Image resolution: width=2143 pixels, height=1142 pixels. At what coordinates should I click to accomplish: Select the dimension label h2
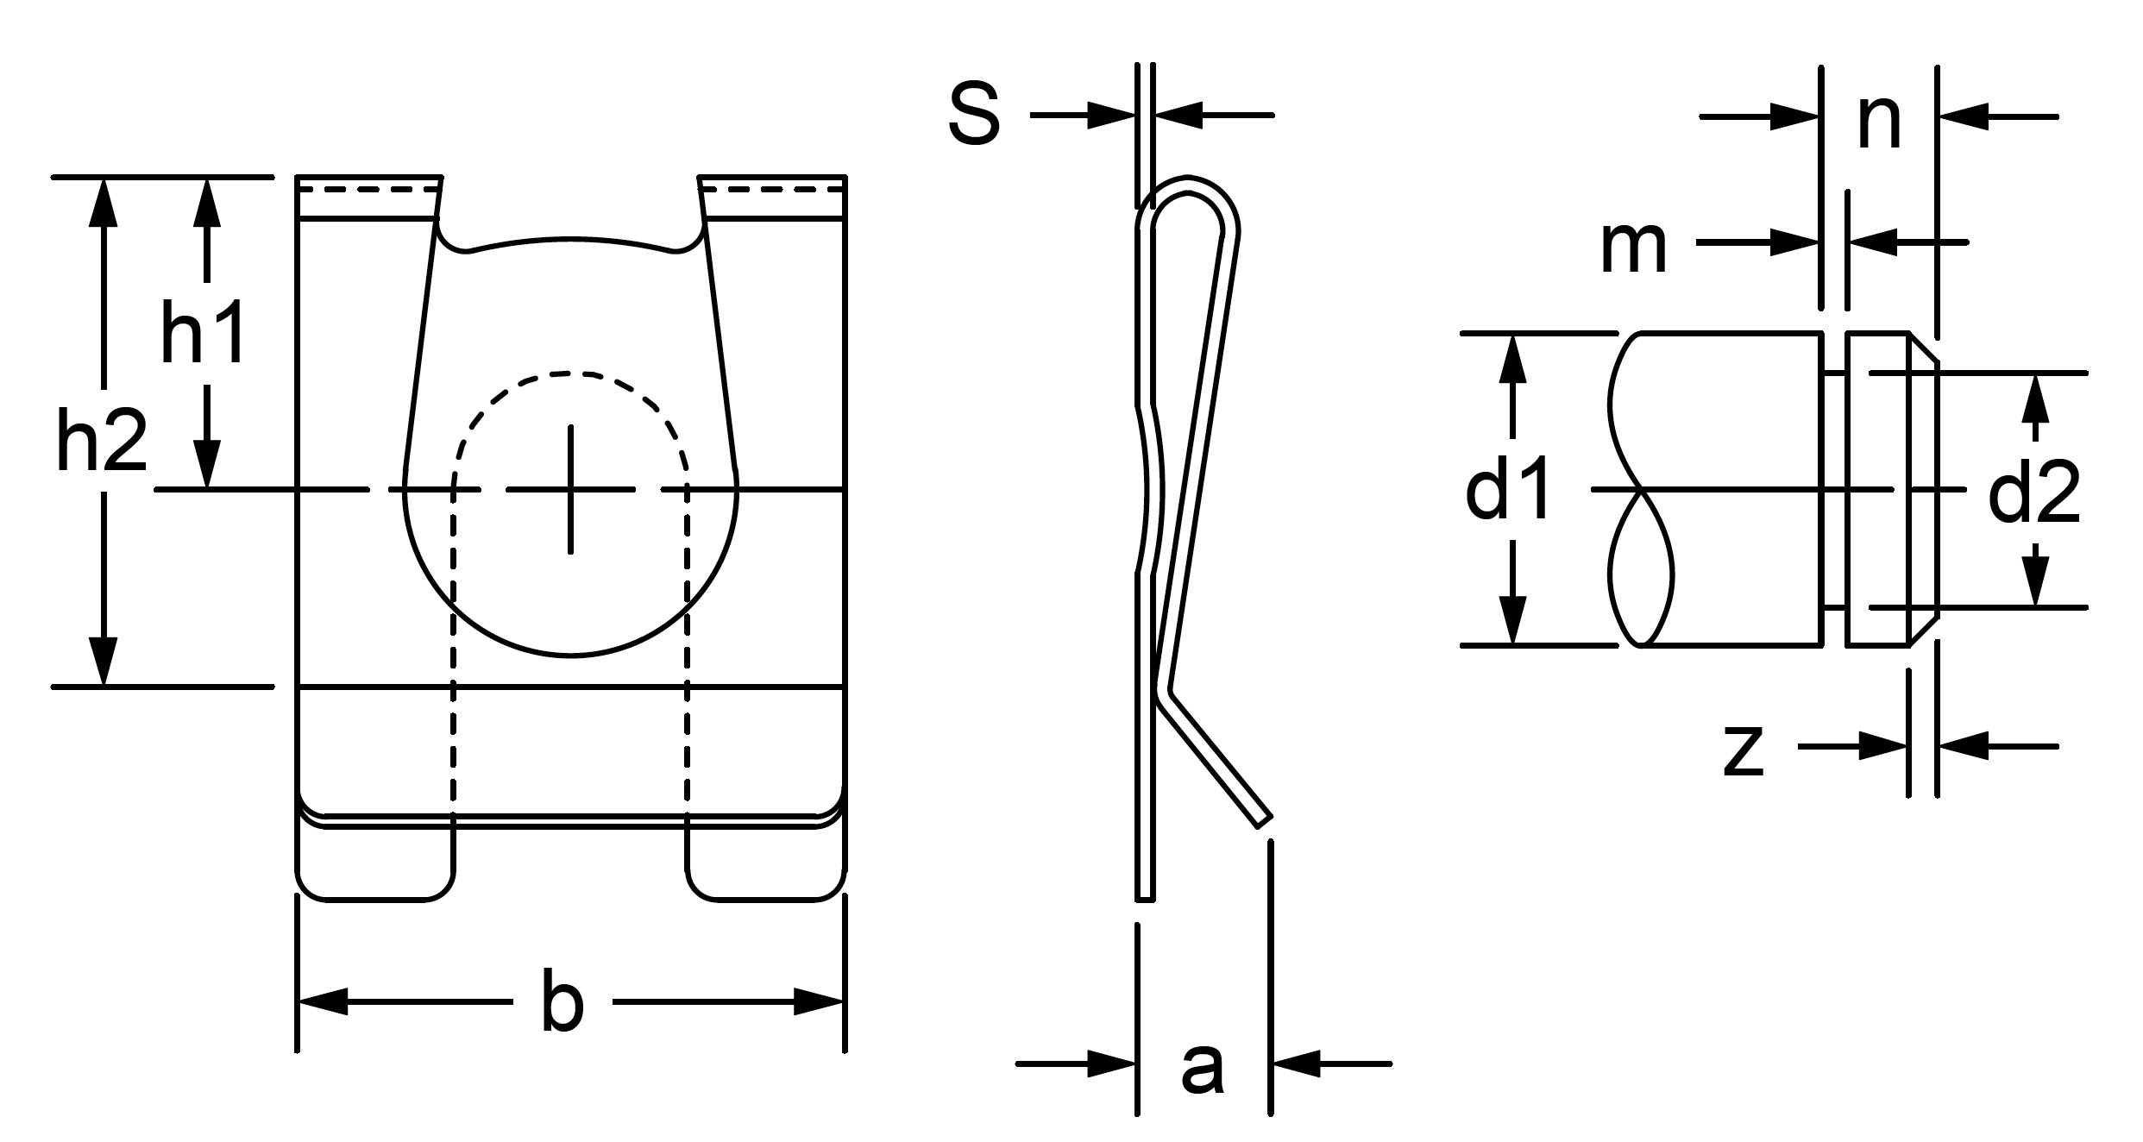coord(101,442)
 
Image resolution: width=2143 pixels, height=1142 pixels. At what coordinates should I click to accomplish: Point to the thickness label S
coord(974,115)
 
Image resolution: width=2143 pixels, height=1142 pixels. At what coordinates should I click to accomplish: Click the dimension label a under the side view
coord(1203,1069)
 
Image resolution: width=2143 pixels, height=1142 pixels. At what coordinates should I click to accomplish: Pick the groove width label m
coord(1633,248)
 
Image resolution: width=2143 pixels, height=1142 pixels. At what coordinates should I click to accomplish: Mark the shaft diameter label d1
coord(1509,489)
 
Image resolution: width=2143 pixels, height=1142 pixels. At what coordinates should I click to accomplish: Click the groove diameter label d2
coord(2034,491)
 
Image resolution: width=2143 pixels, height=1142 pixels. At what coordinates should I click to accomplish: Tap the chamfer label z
coord(1743,751)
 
